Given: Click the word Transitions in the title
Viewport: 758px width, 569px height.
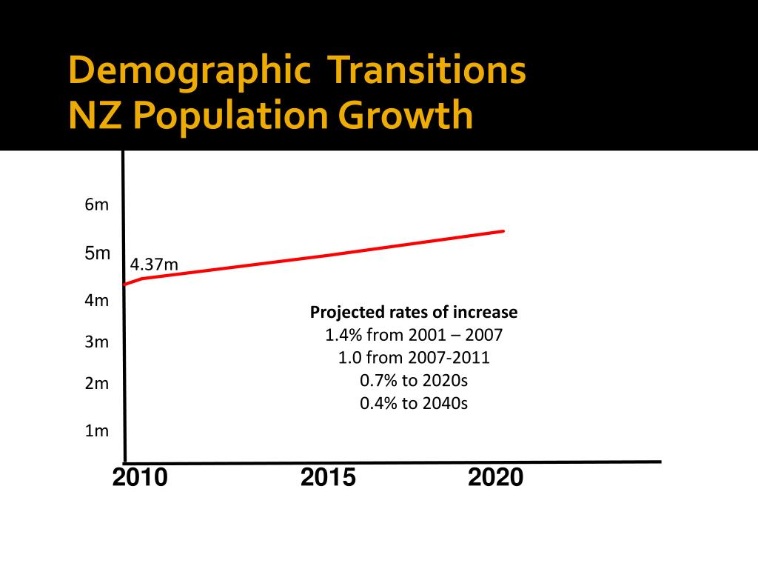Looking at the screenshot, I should (x=427, y=70).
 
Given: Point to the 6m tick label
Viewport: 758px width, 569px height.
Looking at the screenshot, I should (x=96, y=205).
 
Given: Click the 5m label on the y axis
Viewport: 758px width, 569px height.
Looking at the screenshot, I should (x=97, y=253).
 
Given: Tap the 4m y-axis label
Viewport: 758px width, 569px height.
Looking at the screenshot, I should (x=96, y=301).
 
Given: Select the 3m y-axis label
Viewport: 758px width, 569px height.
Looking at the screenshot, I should (x=96, y=342).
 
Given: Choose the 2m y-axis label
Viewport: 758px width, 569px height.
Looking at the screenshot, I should (x=96, y=384).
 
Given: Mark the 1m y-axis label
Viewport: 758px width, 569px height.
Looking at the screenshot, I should (x=96, y=430).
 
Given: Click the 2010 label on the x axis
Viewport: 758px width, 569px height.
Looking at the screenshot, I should (x=140, y=478).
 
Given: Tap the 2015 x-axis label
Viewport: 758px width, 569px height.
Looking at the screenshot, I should (x=328, y=478).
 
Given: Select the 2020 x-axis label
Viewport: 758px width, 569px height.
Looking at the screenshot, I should (x=495, y=478).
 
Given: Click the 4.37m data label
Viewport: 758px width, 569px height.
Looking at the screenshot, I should (x=154, y=264).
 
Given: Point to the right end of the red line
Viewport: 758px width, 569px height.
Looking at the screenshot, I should (x=503, y=231).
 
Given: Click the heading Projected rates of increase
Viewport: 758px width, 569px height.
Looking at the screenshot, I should (x=414, y=313).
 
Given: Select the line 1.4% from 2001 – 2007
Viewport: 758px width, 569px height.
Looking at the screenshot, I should (x=414, y=335).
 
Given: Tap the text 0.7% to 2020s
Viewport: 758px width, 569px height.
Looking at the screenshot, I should (x=414, y=381).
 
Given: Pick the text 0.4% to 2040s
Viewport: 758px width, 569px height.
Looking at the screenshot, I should (x=414, y=404).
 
